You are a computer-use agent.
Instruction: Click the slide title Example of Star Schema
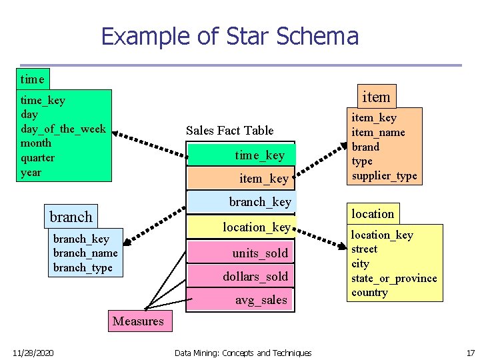click(229, 36)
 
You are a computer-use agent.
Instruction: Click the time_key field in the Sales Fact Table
click(259, 155)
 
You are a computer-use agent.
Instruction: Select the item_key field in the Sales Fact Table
click(263, 178)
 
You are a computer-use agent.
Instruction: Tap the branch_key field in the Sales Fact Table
click(259, 201)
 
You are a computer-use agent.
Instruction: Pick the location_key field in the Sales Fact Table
click(256, 227)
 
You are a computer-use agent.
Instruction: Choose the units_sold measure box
click(259, 253)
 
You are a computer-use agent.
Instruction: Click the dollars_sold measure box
click(255, 276)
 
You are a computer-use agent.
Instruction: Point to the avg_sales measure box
click(260, 300)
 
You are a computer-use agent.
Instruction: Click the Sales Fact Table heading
click(229, 130)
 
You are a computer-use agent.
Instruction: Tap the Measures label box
click(138, 321)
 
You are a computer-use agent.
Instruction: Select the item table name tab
click(375, 97)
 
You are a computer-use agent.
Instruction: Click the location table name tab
click(373, 213)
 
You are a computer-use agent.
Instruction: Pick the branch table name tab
click(71, 217)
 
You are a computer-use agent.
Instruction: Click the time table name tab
click(32, 79)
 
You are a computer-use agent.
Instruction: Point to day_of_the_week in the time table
click(63, 129)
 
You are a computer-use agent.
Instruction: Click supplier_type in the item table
click(384, 176)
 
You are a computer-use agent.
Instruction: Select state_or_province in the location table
click(394, 278)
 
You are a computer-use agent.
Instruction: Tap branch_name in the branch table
click(85, 253)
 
